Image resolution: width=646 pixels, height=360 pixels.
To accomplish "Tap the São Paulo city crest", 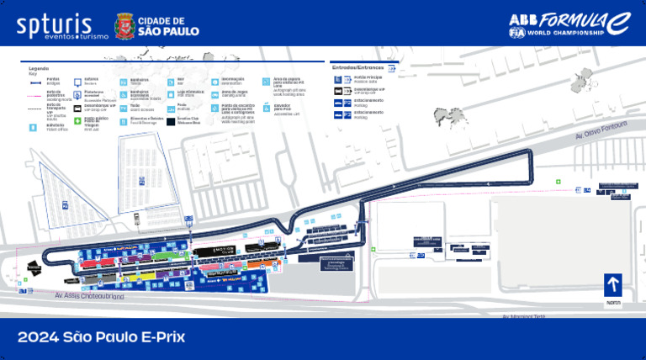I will (124, 25).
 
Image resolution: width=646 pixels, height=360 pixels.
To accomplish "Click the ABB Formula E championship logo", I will (568, 24).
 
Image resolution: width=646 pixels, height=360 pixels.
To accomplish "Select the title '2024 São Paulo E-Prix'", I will (101, 338).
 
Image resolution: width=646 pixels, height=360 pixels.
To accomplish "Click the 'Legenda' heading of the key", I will (39, 68).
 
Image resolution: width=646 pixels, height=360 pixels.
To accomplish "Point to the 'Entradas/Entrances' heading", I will (357, 66).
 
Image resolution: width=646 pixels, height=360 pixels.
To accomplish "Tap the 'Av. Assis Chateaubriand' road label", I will (89, 296).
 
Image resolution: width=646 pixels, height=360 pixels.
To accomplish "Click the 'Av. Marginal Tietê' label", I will (524, 317).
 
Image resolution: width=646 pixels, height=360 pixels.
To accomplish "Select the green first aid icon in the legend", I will (78, 121).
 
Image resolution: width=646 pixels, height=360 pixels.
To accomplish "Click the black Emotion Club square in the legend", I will (171, 121).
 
